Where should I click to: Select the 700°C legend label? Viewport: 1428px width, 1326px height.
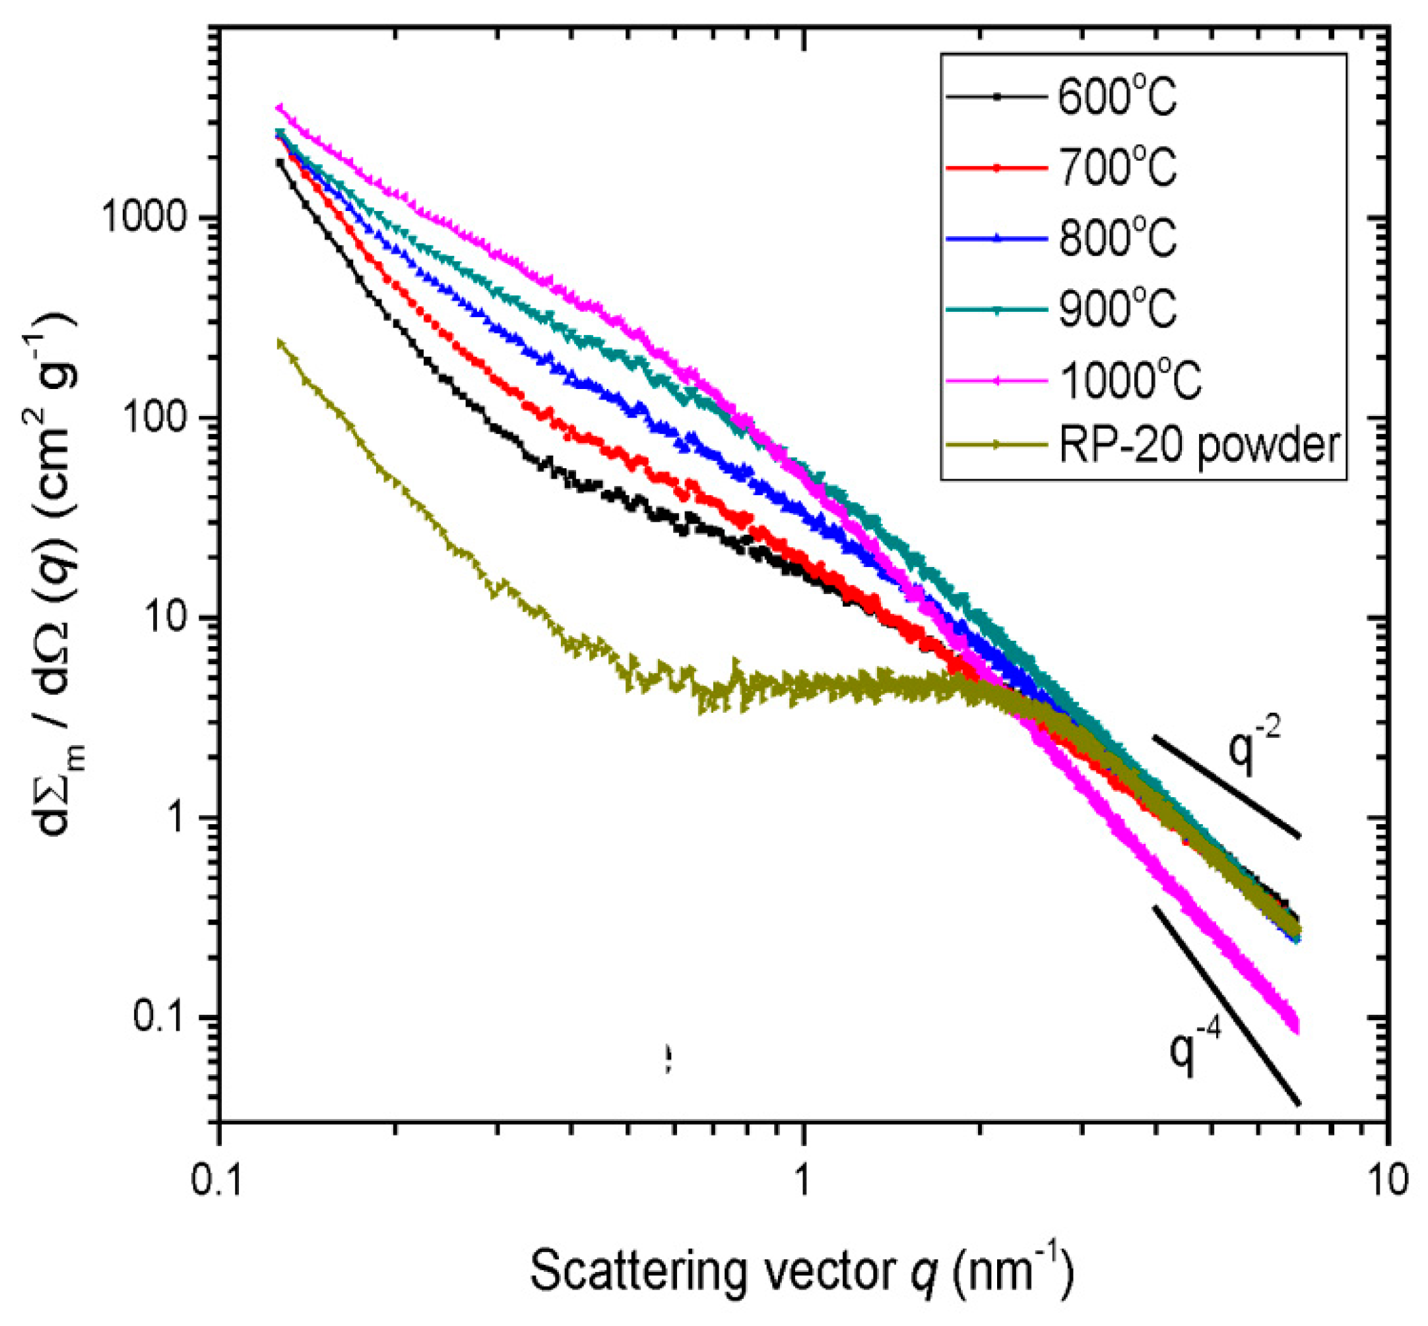coord(1117,167)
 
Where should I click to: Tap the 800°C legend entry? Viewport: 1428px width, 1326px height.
coord(1117,237)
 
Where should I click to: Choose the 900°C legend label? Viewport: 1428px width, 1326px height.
coord(1117,309)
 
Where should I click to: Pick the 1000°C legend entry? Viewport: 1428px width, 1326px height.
coord(1128,380)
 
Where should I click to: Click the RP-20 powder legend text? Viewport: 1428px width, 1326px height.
coord(1199,444)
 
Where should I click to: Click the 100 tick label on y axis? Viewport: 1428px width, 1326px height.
coord(160,417)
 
